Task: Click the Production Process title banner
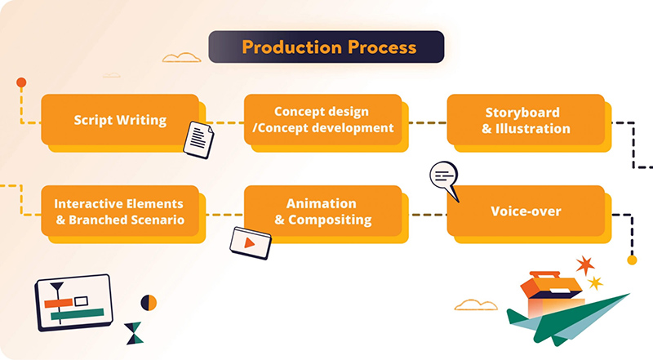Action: coord(326,47)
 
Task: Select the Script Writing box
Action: coord(120,121)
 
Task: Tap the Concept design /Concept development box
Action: coord(322,120)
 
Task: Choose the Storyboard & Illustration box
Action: coord(526,120)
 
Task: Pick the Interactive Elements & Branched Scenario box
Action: coord(119,211)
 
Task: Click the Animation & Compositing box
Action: coord(322,211)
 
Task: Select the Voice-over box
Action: coord(526,211)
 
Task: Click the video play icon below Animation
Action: coord(251,242)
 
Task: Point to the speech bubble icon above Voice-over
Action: coord(444,175)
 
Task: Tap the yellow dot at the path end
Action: coord(631,260)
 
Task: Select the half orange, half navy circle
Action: coord(149,302)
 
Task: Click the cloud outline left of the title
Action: coord(182,58)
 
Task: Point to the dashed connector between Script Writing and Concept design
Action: coord(222,122)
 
